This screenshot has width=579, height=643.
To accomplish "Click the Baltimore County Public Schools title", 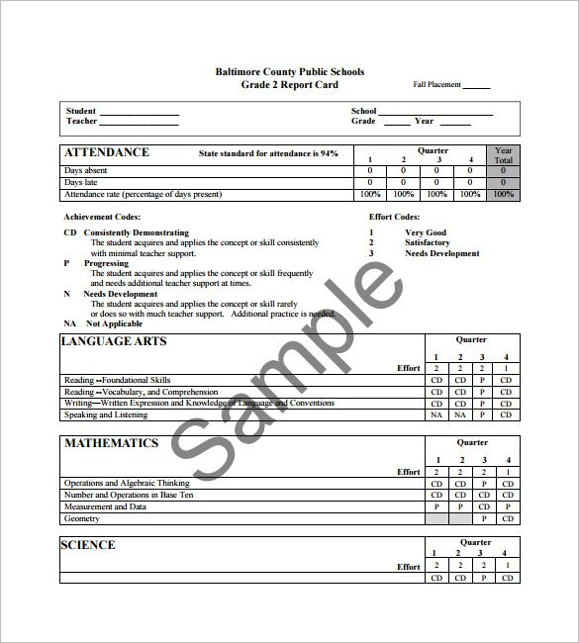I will tap(289, 71).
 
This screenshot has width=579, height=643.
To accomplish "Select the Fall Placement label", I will tap(436, 85).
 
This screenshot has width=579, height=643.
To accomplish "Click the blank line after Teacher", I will tap(139, 125).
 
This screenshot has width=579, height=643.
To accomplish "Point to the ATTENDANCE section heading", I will tap(107, 152).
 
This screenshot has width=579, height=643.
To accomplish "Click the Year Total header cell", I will tap(503, 155).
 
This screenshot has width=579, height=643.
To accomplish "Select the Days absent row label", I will tap(86, 171).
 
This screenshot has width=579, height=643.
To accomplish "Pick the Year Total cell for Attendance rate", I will tap(503, 194).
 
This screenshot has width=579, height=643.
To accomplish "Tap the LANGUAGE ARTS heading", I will tap(114, 341).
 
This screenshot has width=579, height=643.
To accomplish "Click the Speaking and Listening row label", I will tap(106, 415).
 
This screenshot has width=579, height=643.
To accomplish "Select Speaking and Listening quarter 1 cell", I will tap(436, 415).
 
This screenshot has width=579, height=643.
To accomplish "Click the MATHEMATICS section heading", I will tap(111, 443).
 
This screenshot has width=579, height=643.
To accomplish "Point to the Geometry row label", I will tap(82, 518).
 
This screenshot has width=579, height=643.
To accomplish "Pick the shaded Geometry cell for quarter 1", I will tap(436, 518).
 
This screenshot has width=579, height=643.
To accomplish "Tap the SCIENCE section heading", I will tap(88, 545).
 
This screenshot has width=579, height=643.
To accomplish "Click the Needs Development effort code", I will tap(441, 253).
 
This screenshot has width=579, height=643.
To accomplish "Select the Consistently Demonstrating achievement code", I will tap(136, 232).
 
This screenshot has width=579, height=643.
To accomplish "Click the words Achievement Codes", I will tap(102, 217).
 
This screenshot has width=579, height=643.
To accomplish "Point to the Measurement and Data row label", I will tap(105, 506).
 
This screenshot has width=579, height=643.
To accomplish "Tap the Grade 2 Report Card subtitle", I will tap(289, 84).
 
